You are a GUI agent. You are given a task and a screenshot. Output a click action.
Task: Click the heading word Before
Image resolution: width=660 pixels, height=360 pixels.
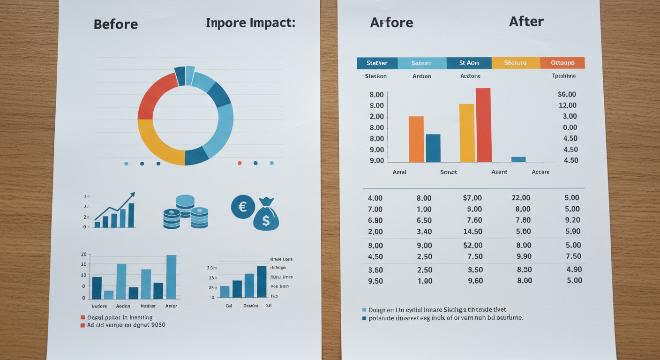116,24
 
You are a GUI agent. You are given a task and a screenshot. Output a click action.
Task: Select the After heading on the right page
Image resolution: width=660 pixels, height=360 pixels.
526,22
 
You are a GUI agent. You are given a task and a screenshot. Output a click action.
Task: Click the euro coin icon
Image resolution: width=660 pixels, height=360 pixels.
243,207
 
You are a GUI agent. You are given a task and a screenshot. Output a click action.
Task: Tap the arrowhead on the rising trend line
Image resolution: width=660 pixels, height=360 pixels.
133,194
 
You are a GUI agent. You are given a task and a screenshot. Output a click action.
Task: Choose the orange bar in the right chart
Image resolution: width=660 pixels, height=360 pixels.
416,139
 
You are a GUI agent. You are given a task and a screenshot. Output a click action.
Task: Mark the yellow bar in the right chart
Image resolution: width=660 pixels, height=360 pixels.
467,133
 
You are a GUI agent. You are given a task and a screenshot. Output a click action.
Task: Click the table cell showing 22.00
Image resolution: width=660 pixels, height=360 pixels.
521,198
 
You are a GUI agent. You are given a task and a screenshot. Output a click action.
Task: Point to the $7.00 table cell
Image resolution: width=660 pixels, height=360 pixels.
472,198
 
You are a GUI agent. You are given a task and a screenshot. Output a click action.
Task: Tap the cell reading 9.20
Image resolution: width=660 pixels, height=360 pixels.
573,220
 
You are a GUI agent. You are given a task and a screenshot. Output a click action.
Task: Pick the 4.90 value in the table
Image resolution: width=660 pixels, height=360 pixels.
574,270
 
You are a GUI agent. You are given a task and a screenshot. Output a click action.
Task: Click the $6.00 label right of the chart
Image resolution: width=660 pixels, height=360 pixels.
567,94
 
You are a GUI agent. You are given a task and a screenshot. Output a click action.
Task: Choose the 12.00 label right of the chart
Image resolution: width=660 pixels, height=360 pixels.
568,105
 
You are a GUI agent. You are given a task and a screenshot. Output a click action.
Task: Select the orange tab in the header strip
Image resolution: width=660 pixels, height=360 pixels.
562,63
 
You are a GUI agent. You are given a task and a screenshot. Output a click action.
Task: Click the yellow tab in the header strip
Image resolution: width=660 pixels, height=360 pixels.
515,63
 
